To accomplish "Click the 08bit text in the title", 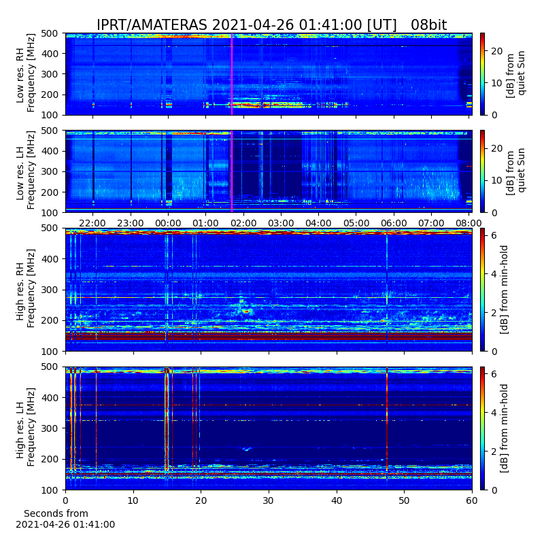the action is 429,25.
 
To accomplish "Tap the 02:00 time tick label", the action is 243,223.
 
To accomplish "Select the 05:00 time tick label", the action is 356,223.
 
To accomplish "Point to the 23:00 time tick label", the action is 131,223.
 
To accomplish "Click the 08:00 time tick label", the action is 469,223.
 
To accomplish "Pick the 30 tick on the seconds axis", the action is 269,500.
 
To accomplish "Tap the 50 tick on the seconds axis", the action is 404,500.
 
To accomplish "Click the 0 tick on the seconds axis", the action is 65,500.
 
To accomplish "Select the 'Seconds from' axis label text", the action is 56,513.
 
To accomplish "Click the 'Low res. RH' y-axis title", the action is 20,79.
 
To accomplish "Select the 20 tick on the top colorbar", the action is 497,51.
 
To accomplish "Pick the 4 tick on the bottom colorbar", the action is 494,413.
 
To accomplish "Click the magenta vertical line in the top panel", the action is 232,74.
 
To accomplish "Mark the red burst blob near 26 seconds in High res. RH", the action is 246,311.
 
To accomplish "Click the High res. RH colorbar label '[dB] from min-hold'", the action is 504,290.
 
